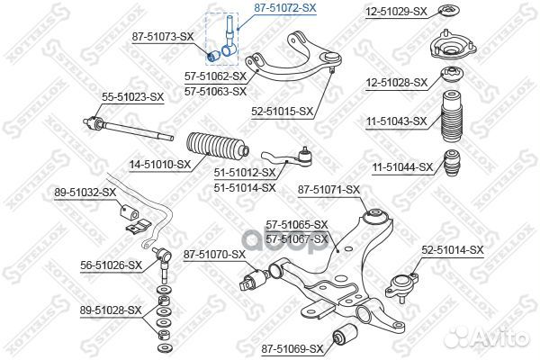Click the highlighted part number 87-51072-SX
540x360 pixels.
click(284, 7)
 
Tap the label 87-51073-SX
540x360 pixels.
click(163, 36)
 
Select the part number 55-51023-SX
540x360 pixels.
click(132, 95)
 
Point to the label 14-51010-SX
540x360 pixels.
click(159, 165)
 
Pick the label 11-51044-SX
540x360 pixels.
click(402, 166)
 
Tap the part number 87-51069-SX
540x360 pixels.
click(292, 346)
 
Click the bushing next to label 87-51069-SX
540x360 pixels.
click(343, 337)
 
